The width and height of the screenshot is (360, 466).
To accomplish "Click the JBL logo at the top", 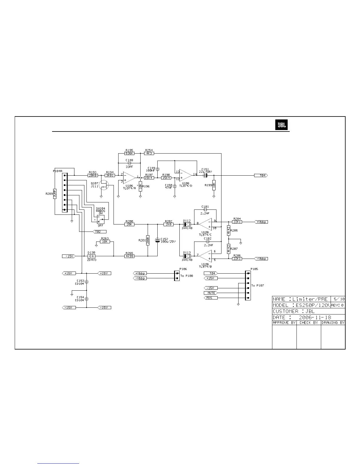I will pyautogui.click(x=282, y=125).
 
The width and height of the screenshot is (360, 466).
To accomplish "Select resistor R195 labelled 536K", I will pyautogui.click(x=129, y=153).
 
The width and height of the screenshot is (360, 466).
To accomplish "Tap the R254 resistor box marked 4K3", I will pyautogui.click(x=149, y=153).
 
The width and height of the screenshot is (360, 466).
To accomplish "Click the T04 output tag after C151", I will pyautogui.click(x=261, y=175).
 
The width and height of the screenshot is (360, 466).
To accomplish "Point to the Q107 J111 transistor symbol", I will pyautogui.click(x=103, y=185).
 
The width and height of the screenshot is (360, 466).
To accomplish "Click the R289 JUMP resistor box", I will pyautogui.click(x=55, y=194).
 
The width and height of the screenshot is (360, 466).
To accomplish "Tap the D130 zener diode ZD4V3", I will pyautogui.click(x=91, y=256).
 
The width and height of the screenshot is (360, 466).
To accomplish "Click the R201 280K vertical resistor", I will pyautogui.click(x=148, y=240).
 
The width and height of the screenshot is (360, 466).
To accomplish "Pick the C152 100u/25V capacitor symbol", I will pyautogui.click(x=158, y=240).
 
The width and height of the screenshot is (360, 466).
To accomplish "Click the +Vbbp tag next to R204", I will pyautogui.click(x=261, y=222).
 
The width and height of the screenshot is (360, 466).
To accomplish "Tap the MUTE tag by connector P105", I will pyautogui.click(x=211, y=293).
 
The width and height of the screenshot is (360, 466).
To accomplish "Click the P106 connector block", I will pyautogui.click(x=177, y=276).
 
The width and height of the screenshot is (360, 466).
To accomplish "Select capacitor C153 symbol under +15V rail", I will pyautogui.click(x=86, y=282).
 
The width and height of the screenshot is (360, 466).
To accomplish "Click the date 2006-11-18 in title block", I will pyautogui.click(x=314, y=317).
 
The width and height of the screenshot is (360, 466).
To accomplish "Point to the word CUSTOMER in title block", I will pyautogui.click(x=285, y=311).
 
